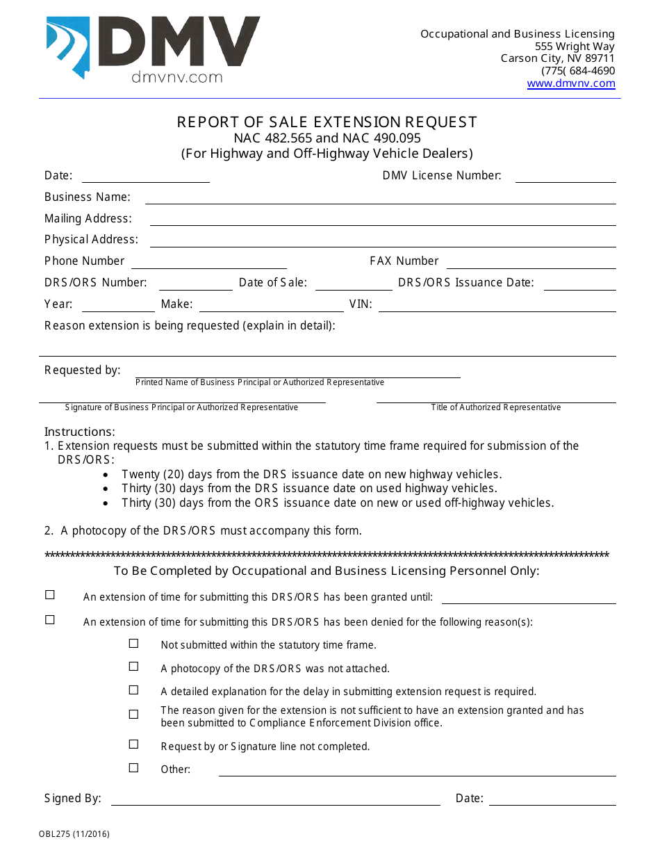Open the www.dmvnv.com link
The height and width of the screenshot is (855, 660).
point(570,83)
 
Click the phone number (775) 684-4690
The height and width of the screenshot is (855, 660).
point(578,71)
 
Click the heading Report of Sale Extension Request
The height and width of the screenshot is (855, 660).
point(327,122)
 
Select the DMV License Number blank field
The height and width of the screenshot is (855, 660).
point(565,176)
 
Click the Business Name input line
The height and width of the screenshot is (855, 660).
point(380,197)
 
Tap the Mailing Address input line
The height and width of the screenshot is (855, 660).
point(382,219)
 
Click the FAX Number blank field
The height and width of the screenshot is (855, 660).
point(531,262)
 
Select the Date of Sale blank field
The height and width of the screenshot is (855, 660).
point(354,284)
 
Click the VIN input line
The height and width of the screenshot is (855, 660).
point(496,305)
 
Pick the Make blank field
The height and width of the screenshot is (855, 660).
point(271,305)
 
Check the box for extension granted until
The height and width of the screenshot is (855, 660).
point(50,595)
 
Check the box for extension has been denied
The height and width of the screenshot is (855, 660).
point(50,620)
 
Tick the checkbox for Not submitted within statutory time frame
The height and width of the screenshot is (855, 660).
point(133,644)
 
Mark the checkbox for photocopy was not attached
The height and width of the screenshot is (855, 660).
point(133,667)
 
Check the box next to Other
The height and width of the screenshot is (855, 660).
point(133,767)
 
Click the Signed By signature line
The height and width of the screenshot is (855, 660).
point(275,799)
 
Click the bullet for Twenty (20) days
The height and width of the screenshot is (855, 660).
point(105,475)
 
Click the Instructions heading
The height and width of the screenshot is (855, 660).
point(80,432)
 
